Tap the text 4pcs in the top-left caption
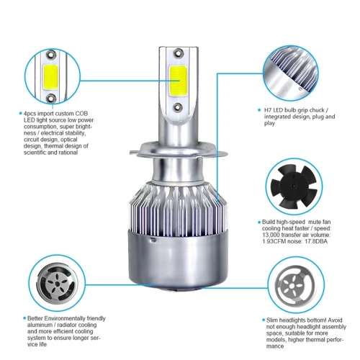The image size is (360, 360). (x=30, y=113)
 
